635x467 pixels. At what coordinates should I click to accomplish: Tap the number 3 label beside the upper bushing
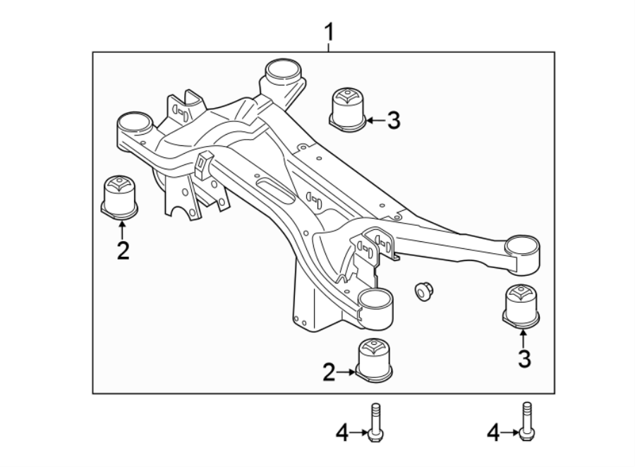(x=393, y=121)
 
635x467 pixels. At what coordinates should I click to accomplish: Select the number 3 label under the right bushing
(x=524, y=358)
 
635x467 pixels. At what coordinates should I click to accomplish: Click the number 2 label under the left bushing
(x=123, y=250)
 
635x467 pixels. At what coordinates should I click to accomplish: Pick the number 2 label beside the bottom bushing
(x=329, y=372)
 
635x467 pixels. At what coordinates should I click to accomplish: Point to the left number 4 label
(x=342, y=432)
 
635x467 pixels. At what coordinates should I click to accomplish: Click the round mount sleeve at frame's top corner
(x=283, y=72)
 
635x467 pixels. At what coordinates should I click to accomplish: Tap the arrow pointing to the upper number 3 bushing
(x=374, y=121)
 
